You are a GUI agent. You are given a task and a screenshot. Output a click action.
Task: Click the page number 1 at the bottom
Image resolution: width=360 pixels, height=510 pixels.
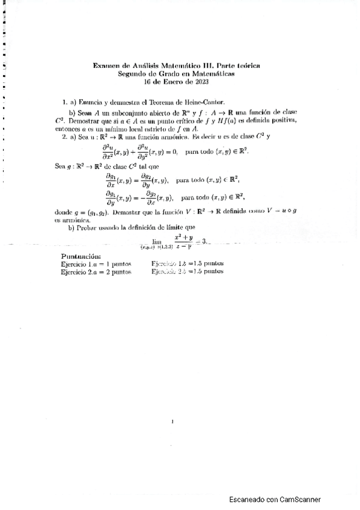(x=172, y=422)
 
